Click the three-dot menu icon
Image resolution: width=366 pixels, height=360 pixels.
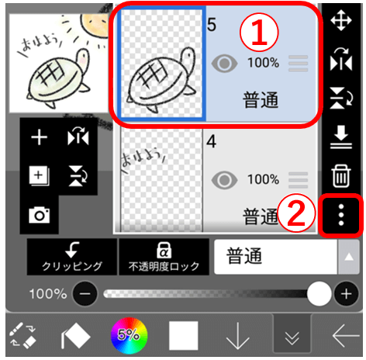pos(340,212)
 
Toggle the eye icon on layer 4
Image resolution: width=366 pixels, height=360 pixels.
pos(224,180)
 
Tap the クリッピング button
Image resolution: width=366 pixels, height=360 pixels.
pos(71,257)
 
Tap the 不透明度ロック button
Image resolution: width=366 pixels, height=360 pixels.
pos(164,257)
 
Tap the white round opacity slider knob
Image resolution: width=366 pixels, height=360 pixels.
pos(319,294)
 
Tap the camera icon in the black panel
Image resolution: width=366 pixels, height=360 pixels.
pos(39,215)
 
